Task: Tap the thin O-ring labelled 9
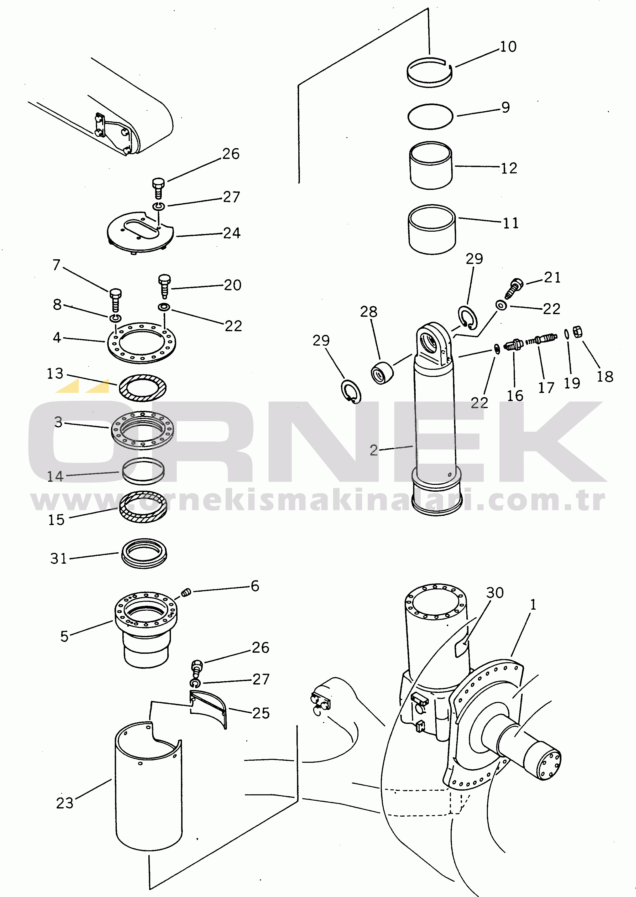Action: coord(430,128)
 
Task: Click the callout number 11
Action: coord(511,223)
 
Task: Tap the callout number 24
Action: coord(232,233)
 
